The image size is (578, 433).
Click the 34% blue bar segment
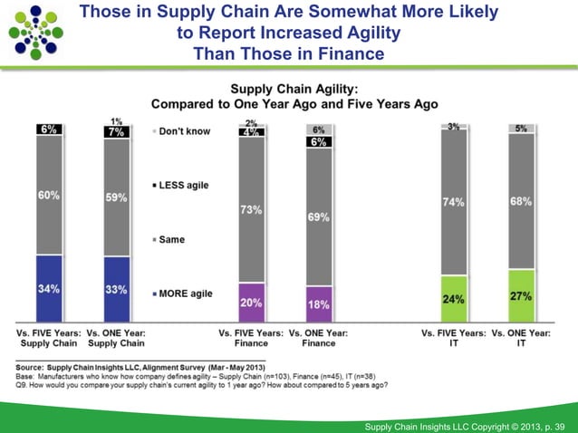49,289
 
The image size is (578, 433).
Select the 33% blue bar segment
116,290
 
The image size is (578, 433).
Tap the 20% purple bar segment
251,303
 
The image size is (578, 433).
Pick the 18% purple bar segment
318,304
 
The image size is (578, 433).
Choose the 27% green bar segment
521,295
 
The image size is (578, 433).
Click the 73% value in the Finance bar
251,209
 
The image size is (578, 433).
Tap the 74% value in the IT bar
454,202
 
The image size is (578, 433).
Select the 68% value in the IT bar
521,201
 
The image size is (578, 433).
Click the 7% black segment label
116,132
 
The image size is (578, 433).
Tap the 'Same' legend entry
173,239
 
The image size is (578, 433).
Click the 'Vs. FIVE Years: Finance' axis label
251,339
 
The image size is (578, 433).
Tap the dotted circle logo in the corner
36,32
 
